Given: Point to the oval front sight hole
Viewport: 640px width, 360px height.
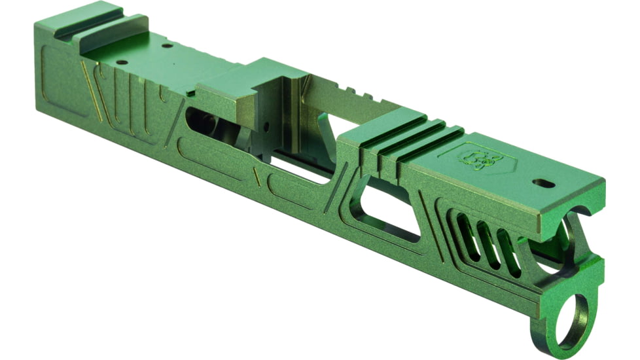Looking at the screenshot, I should pyautogui.click(x=542, y=183).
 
